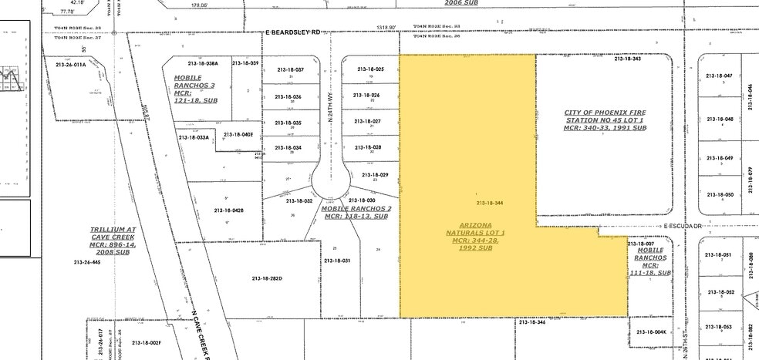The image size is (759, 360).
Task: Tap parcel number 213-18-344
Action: click(x=490, y=203)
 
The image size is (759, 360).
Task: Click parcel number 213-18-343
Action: click(x=627, y=59)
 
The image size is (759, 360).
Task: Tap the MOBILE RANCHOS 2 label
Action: click(x=356, y=213)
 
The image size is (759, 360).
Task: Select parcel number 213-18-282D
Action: click(x=268, y=278)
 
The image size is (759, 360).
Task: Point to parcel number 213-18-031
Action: click(x=337, y=261)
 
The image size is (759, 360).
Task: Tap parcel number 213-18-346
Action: click(x=532, y=322)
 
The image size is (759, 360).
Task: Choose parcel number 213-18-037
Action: click(x=289, y=69)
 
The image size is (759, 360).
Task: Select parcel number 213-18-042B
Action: click(x=229, y=210)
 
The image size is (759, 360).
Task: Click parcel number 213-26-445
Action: click(x=87, y=262)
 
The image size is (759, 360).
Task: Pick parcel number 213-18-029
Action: click(x=374, y=174)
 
